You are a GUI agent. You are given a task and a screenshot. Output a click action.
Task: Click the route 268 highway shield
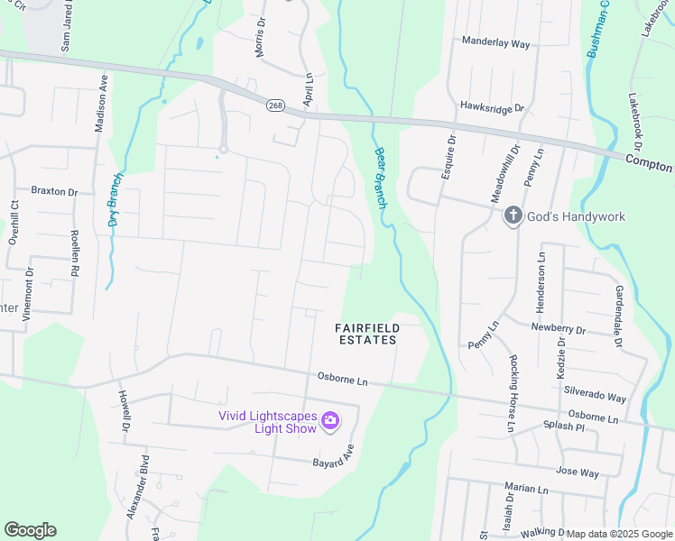tap(274, 106)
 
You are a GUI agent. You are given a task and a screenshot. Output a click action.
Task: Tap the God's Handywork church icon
tap(513, 215)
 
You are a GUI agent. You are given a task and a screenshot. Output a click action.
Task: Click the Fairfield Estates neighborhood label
tap(366, 334)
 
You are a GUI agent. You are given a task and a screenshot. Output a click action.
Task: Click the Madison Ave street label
tap(102, 102)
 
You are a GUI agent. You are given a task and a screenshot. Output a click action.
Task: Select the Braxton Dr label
tap(55, 191)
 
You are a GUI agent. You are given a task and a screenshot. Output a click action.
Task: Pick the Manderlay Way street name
tap(495, 41)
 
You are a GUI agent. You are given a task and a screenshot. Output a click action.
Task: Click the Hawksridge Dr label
tap(492, 108)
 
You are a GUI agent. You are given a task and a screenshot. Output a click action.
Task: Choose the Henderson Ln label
tap(542, 279)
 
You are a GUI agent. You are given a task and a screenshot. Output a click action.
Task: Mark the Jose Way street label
tap(578, 472)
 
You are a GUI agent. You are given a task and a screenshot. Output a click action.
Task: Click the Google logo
tap(30, 530)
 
